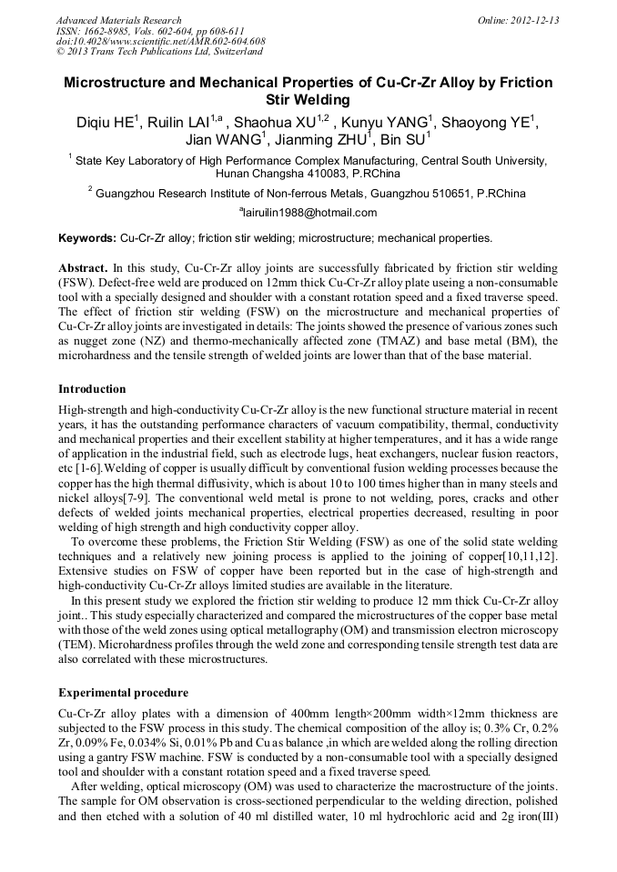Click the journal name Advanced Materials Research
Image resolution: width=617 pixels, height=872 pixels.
118,20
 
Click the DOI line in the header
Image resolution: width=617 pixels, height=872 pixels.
160,41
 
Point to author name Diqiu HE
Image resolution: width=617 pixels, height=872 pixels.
108,122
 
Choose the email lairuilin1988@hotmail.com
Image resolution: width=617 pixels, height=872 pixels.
310,213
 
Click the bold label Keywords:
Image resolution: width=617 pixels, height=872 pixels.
87,238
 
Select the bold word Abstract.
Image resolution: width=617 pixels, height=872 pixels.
83,269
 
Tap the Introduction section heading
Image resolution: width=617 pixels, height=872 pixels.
92,388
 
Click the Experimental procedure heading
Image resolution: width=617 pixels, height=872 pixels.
123,692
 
